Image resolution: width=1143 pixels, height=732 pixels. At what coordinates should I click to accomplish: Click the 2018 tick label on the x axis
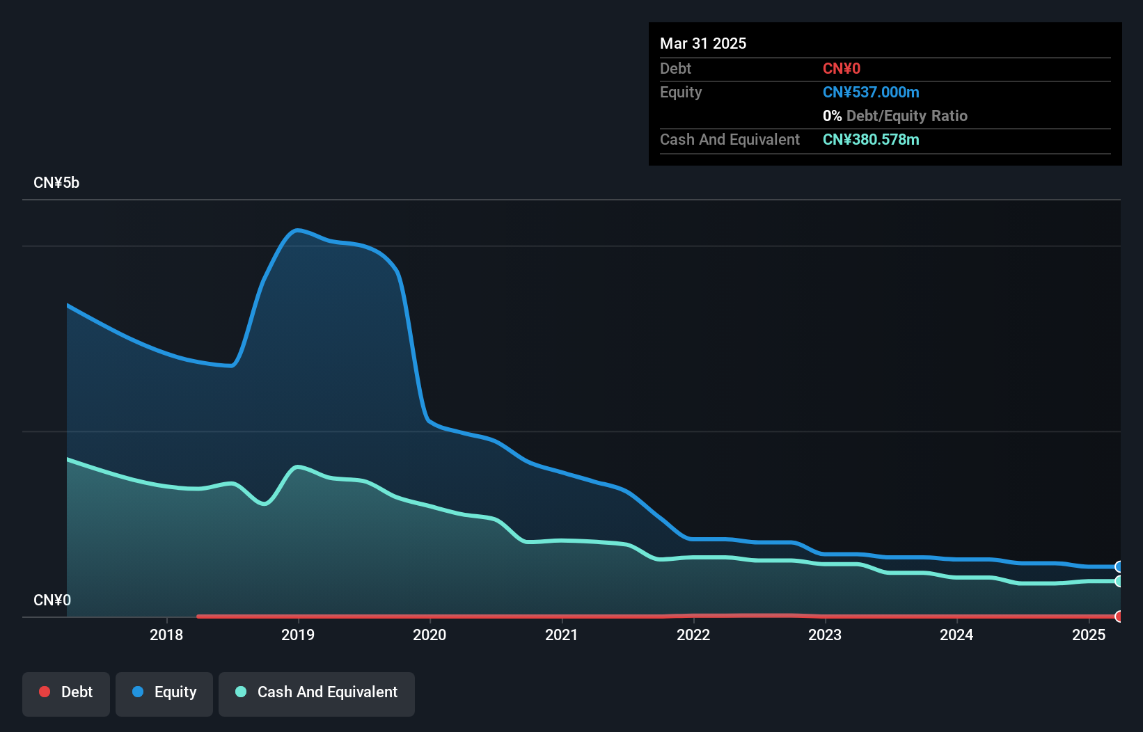point(166,635)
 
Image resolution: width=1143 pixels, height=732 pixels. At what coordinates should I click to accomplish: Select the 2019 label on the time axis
point(298,635)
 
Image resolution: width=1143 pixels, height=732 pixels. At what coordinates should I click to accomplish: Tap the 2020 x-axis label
point(429,635)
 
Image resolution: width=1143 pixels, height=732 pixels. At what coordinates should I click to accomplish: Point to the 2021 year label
point(562,635)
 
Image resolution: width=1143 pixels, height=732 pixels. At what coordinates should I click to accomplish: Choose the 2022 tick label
point(693,635)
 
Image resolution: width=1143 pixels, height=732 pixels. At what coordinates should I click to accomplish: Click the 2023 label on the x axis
point(825,635)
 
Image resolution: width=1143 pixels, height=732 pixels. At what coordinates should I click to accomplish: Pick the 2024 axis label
point(956,635)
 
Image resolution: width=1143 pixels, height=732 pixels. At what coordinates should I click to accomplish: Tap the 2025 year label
point(1089,635)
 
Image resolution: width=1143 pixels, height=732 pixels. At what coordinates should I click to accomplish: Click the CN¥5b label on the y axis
point(56,183)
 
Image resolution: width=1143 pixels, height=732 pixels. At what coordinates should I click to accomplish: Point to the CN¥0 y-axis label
point(52,600)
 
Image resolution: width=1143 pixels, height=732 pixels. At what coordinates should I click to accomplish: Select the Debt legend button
point(66,692)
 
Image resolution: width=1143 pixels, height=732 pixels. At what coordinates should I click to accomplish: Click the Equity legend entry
point(164,692)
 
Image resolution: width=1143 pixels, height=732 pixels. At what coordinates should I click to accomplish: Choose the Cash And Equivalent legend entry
point(317,692)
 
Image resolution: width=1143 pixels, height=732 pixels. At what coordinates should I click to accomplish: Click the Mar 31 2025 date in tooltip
point(703,43)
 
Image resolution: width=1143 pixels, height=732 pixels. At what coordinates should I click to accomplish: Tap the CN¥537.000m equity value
point(871,93)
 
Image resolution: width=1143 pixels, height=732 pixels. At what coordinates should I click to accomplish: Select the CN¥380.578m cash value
point(871,140)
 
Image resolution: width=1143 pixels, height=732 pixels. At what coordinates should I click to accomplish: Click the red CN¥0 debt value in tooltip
point(842,69)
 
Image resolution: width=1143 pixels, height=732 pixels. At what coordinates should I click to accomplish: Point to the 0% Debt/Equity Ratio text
point(895,116)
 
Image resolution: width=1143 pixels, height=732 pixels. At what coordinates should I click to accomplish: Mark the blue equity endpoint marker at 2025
point(1119,566)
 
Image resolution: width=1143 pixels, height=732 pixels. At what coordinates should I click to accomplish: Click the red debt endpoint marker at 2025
point(1119,616)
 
